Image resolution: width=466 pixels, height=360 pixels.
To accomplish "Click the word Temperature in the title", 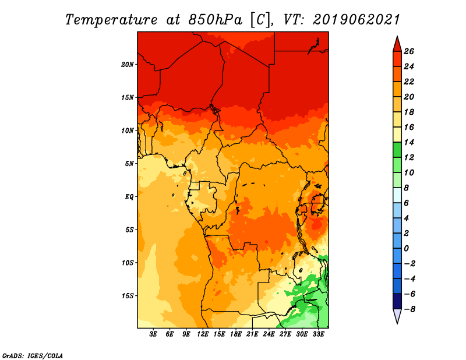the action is pos(111,20).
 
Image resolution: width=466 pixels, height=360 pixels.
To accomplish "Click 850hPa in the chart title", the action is pos(215,20).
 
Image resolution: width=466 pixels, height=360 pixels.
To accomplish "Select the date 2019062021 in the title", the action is pos(356,20).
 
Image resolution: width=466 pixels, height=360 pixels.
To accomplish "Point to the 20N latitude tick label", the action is pos(127,65).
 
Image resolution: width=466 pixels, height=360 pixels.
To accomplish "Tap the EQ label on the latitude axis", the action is pos(129,197).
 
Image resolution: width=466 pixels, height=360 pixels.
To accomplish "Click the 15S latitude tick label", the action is pos(128,296).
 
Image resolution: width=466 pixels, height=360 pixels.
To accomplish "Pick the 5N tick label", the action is pos(129,164).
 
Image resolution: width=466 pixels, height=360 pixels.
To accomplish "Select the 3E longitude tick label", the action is pos(153,334).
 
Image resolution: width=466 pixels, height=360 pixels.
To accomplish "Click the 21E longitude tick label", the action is pos(252,334).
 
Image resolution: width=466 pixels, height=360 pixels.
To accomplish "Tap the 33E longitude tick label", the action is pos(318,334).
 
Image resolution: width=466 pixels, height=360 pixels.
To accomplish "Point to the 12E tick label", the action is pos(202,334).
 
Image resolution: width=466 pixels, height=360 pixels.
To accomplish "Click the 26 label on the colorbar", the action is pos(409,51).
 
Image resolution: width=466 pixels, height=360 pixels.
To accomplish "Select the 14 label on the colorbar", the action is pos(409,142).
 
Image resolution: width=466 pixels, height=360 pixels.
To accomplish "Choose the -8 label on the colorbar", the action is pos(409,309).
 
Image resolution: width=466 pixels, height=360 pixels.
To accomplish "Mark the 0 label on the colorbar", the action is pos(406,249).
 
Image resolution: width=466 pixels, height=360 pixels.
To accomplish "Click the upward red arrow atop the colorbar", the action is pos(397,44).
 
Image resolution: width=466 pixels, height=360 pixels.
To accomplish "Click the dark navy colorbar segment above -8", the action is pos(397,301).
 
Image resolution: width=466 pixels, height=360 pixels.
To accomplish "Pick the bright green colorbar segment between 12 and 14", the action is pos(397,150).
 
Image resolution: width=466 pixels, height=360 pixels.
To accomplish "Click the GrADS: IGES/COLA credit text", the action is pos(33,355).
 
